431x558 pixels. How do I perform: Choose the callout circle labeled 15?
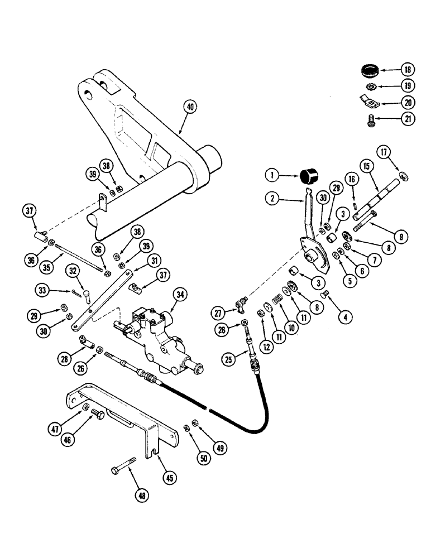(366, 166)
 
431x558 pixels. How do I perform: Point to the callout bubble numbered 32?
(73, 271)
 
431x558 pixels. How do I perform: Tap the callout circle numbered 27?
(219, 312)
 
